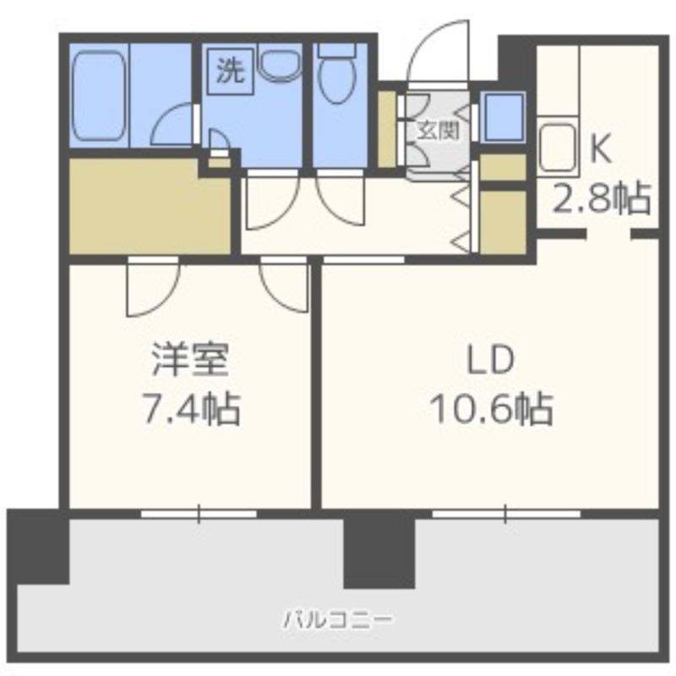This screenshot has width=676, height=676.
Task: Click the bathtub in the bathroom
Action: (99, 95)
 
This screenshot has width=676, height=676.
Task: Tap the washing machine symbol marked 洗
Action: (230, 71)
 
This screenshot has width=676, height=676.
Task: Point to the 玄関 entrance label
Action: (438, 130)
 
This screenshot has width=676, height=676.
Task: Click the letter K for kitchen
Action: (601, 149)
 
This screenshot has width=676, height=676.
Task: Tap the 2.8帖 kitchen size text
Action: (602, 199)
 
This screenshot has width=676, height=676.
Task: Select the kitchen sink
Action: (557, 146)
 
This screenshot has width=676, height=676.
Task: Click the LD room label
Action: (491, 360)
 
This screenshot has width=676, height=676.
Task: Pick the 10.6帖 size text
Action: (492, 409)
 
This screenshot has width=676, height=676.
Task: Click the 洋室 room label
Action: (190, 360)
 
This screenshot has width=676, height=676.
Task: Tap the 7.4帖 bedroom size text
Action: (191, 409)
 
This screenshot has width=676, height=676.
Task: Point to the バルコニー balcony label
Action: (337, 620)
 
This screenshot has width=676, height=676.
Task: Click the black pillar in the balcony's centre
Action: (379, 553)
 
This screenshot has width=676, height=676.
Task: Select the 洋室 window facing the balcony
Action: (199, 514)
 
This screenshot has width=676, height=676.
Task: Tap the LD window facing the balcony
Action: (506, 514)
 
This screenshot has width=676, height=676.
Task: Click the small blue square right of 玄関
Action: (504, 117)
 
